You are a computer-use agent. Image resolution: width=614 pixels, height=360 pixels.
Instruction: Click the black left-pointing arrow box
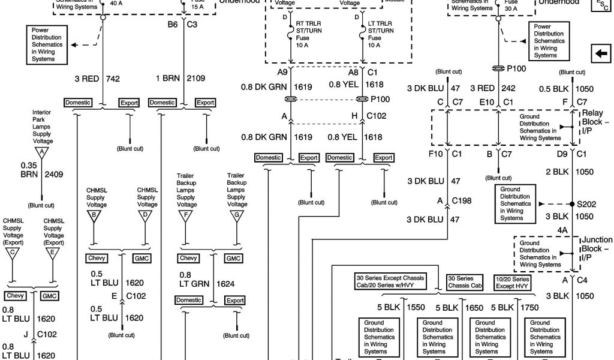[600, 54]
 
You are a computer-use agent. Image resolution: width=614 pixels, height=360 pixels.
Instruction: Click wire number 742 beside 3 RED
[114, 79]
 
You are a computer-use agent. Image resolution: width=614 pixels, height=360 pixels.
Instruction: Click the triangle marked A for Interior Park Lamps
[42, 152]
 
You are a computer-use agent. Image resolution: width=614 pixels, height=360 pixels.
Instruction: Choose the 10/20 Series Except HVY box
[513, 283]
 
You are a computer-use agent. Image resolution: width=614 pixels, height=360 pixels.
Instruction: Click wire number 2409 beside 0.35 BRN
[54, 175]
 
